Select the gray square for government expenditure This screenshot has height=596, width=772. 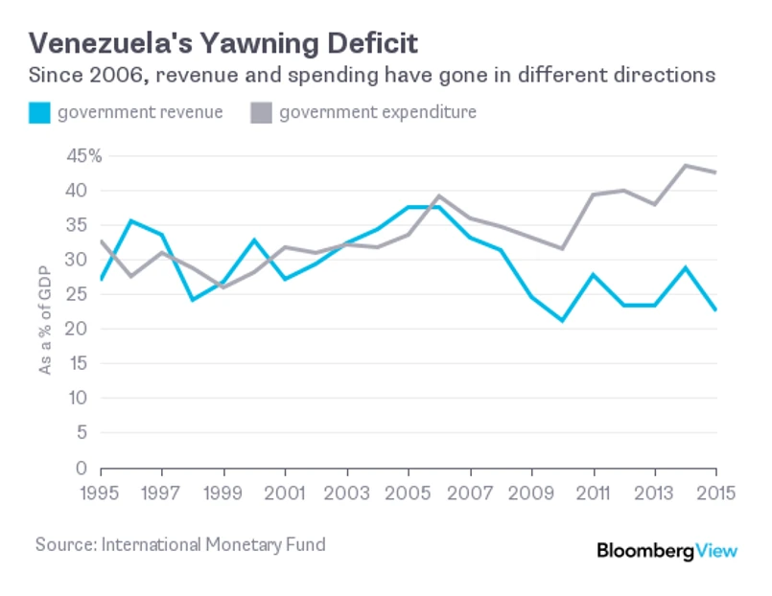click(261, 113)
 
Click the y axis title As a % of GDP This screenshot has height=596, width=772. click(45, 307)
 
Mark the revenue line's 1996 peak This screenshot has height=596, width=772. click(131, 221)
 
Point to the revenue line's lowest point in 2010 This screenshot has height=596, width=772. click(562, 320)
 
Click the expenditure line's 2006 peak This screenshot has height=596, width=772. click(438, 196)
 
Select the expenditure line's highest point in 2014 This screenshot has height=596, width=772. click(685, 165)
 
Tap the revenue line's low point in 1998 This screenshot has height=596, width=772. click(193, 300)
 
